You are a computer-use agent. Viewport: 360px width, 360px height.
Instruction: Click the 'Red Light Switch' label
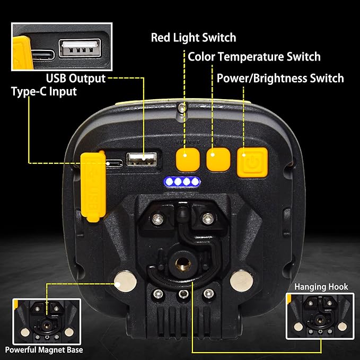[194, 38]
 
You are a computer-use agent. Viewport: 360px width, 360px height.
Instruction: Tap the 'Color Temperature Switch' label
[254, 57]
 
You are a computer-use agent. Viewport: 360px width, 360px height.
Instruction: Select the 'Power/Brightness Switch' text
[280, 78]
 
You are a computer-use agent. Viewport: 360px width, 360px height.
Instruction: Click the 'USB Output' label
[76, 78]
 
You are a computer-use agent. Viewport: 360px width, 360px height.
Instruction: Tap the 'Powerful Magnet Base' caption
[45, 349]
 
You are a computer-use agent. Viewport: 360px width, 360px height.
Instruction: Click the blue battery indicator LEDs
[182, 182]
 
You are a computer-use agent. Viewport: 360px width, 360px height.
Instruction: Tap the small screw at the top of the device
[182, 108]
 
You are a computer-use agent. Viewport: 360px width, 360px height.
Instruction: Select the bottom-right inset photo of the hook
[317, 316]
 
